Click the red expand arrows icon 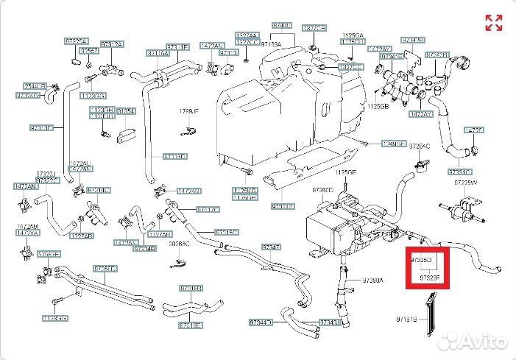coord(493,23)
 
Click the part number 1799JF coord(189,111)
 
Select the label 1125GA coord(353,34)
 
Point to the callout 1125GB coord(378,106)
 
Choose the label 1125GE coord(346,172)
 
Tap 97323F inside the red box coord(430,278)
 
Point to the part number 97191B coord(406,321)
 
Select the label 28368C coord(179,243)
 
